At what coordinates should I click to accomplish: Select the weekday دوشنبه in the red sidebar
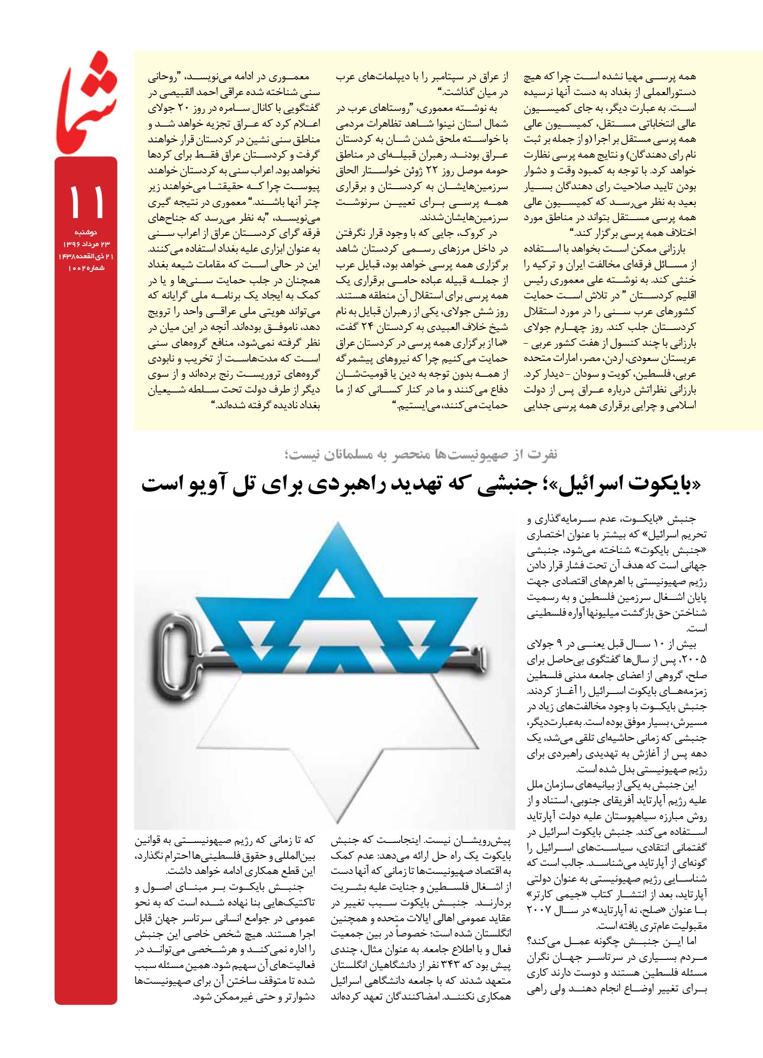pos(86,232)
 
